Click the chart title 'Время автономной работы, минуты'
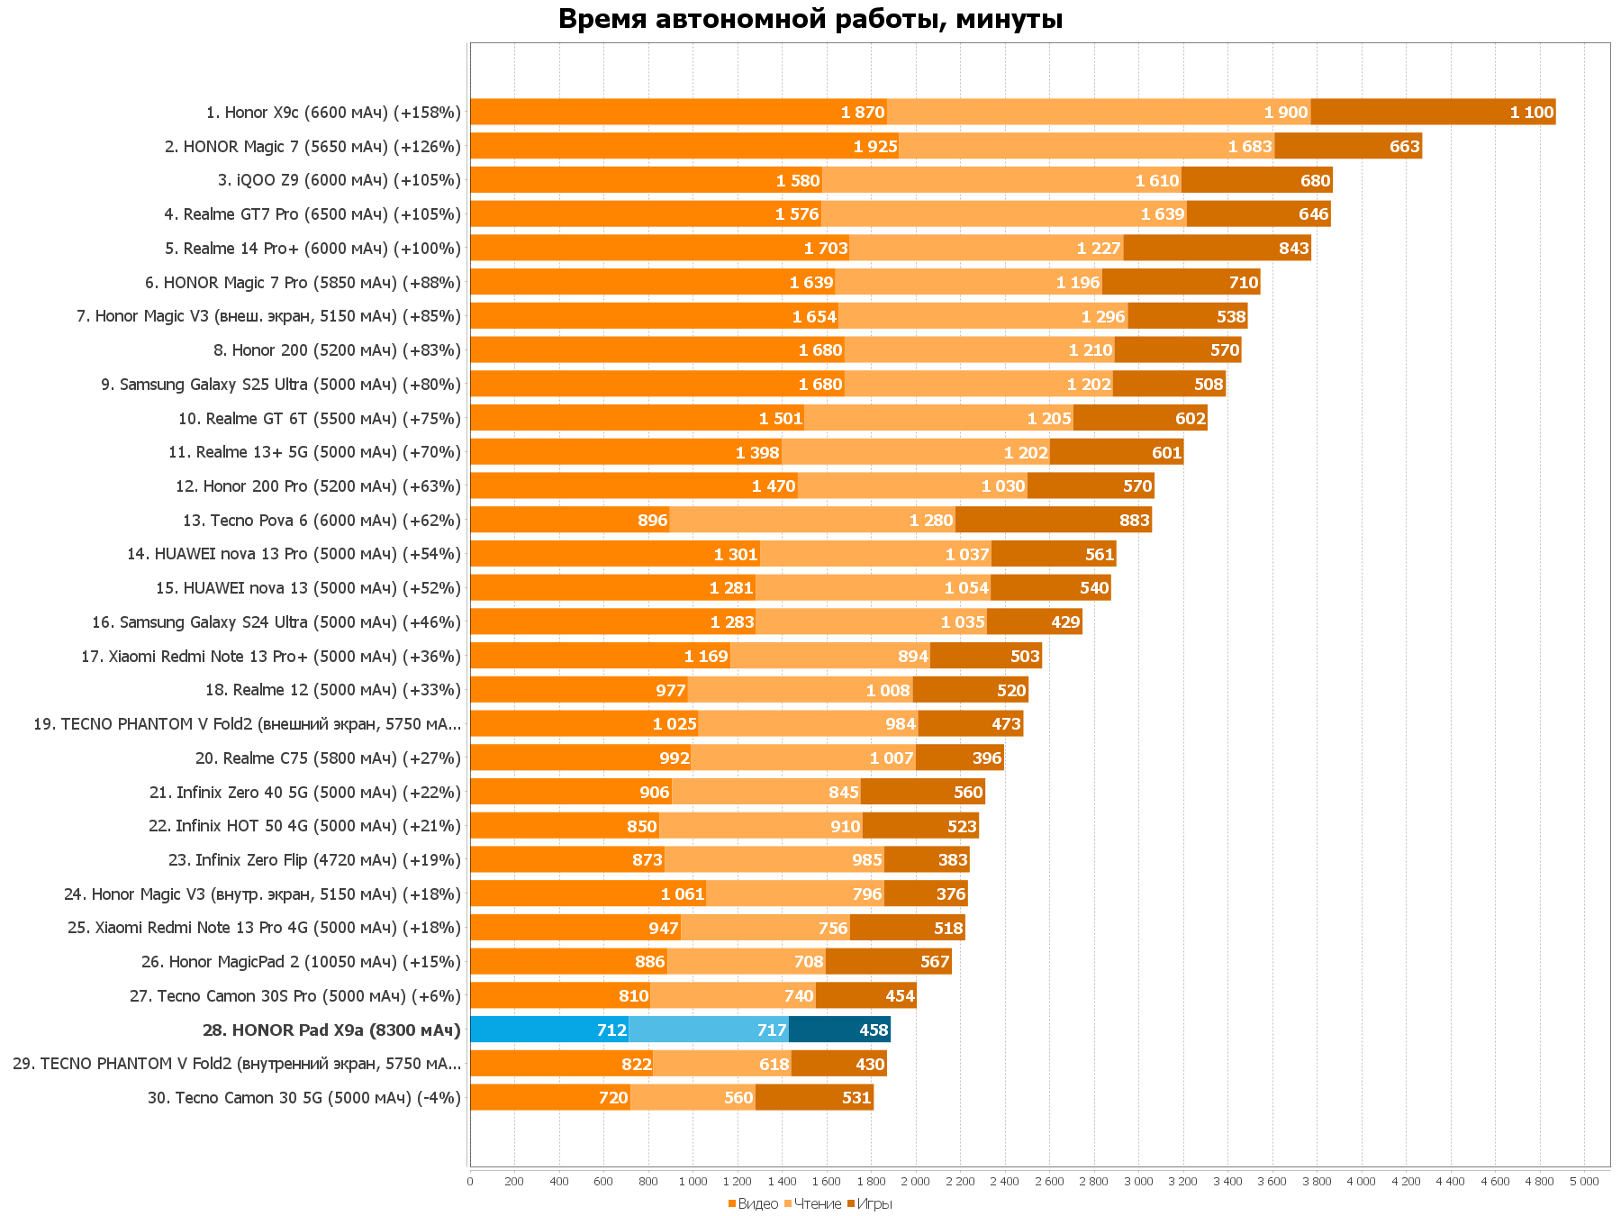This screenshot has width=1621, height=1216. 810,19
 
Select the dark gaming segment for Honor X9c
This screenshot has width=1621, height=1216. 1433,112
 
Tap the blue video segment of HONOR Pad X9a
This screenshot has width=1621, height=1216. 548,1030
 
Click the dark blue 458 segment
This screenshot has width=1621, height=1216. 839,1030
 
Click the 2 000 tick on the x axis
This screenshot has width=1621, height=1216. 915,1182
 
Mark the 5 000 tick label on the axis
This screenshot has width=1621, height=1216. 1584,1182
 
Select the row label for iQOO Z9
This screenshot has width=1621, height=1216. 339,180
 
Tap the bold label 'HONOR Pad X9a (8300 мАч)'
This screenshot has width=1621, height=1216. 331,1030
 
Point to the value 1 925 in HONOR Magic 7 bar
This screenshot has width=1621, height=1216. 875,146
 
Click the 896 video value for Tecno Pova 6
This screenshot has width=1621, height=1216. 652,521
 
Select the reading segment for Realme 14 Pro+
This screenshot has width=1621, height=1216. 986,248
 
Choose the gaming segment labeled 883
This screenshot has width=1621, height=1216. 1054,520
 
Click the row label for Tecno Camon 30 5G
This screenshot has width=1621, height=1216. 304,1098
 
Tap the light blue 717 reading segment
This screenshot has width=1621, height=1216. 708,1030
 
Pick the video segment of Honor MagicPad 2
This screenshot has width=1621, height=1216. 568,962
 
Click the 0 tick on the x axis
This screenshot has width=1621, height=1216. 470,1182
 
